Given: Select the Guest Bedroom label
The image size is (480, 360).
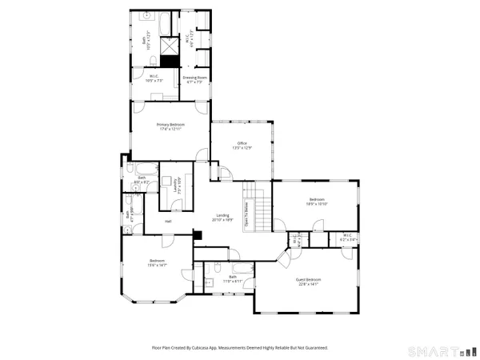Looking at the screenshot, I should click(x=307, y=280).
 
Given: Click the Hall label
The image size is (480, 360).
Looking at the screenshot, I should click(x=168, y=221).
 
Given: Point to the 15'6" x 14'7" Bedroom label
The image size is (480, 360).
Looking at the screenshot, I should click(x=156, y=264).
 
